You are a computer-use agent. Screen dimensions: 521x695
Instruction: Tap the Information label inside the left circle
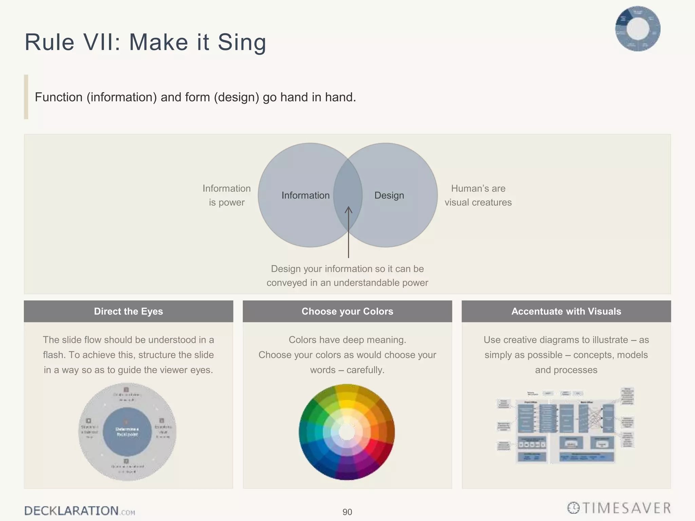pos(305,195)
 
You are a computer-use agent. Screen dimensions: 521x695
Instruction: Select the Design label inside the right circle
pos(389,195)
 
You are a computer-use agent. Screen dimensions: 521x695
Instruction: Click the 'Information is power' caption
pos(226,195)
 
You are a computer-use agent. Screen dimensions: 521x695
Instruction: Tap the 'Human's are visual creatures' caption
pos(478,195)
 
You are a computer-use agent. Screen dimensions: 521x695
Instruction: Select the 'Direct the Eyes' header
pos(128,311)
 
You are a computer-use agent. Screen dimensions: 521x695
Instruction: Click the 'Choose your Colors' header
pos(347,311)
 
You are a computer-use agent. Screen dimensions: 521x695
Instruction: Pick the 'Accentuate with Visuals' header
pos(566,311)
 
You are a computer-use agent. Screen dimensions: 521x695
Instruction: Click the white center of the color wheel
pos(347,432)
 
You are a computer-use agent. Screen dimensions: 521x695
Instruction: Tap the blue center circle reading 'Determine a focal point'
pos(127,431)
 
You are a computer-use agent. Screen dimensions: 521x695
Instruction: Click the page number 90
pos(347,512)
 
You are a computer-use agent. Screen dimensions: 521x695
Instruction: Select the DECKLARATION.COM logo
pos(79,511)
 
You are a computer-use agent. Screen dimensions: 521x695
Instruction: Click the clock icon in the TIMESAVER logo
pos(573,508)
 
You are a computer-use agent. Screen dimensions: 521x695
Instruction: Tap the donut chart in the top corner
pos(638,29)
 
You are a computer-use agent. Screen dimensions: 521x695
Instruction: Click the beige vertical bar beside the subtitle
pos(26,97)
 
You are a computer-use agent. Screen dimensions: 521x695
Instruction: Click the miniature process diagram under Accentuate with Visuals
pos(566,426)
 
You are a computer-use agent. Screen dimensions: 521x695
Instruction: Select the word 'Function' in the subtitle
pos(58,97)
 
